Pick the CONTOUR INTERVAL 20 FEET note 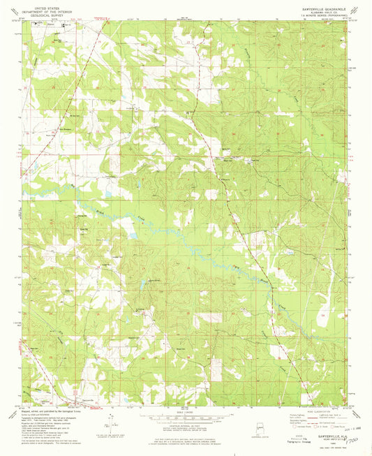click(186, 427)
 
